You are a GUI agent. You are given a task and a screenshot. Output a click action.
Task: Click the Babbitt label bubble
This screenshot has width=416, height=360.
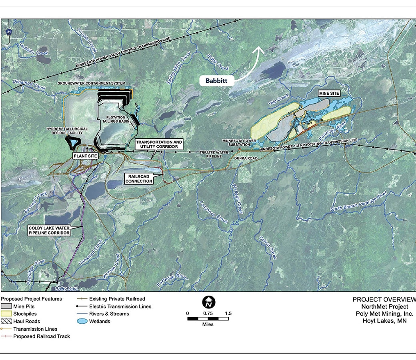tap(216, 80)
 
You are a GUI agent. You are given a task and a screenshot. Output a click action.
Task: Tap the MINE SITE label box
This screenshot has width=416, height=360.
tap(329, 93)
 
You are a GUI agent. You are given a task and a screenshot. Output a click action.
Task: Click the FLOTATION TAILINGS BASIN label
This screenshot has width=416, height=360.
tap(116, 120)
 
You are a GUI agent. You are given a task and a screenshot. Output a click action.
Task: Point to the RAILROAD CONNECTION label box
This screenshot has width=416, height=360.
tap(139, 178)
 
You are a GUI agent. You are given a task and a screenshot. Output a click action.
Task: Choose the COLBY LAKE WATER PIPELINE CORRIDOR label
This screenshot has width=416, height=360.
tap(49, 230)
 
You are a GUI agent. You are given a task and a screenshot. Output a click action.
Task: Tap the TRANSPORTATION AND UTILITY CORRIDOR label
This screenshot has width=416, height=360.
tap(159, 144)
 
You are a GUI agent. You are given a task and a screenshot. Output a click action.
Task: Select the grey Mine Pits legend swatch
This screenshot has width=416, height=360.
tap(6, 306)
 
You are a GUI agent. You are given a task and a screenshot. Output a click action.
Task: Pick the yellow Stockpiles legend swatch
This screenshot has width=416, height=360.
tap(6, 314)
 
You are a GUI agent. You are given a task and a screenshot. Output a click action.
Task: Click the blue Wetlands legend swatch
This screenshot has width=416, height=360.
tap(82, 321)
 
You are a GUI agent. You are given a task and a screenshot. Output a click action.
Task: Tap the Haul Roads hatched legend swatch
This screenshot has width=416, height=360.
tap(6, 321)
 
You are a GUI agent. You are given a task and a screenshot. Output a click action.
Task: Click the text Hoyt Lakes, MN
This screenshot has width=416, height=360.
tap(384, 320)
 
